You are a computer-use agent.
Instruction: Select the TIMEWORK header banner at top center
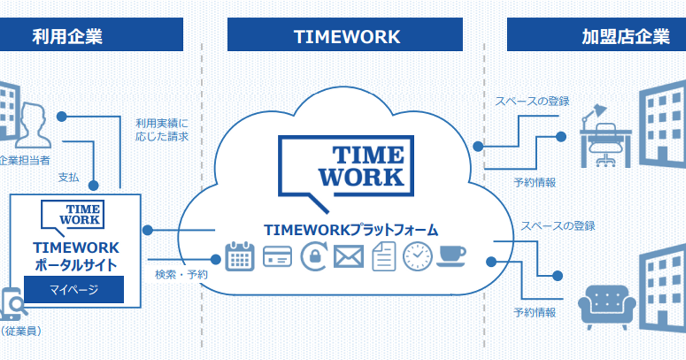point(345,35)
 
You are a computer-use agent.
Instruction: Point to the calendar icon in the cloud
point(240,256)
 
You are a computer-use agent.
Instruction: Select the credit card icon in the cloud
point(277,256)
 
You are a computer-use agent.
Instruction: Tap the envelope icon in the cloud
point(349,257)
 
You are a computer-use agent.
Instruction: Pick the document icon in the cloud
point(384,256)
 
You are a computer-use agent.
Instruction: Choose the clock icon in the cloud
point(417,256)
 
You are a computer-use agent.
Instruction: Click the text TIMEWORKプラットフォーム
point(350,230)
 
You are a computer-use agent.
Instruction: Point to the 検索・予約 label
point(181,274)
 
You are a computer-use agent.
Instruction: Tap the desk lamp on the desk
point(592,114)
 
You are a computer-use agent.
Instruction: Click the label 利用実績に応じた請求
point(162,130)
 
